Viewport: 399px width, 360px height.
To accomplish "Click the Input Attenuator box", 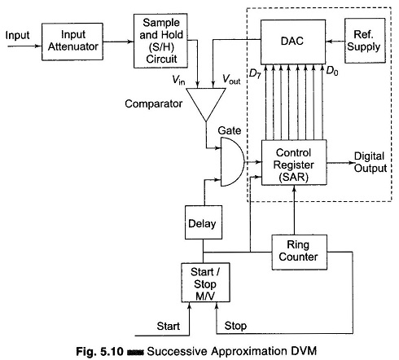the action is pyautogui.click(x=72, y=42).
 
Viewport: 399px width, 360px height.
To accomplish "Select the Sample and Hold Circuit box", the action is pyautogui.click(x=160, y=41).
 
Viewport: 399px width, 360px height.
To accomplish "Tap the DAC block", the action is pyautogui.click(x=293, y=42).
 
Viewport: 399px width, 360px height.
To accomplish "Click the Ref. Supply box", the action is pyautogui.click(x=365, y=41).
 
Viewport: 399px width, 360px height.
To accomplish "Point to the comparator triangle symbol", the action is pyautogui.click(x=206, y=104).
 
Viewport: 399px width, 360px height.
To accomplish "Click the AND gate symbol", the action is pyautogui.click(x=232, y=162).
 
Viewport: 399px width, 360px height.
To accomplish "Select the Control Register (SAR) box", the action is pyautogui.click(x=294, y=163).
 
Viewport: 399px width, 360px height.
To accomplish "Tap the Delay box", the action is pyautogui.click(x=204, y=222).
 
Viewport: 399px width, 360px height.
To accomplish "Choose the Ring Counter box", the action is pyautogui.click(x=300, y=252).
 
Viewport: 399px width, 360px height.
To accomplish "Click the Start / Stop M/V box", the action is pyautogui.click(x=205, y=283).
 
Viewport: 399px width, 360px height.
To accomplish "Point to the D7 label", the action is pyautogui.click(x=255, y=73).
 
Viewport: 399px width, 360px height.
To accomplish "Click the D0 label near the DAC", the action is pyautogui.click(x=331, y=72).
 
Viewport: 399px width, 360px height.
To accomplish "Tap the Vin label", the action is pyautogui.click(x=178, y=80).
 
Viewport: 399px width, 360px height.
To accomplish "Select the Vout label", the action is pyautogui.click(x=231, y=79).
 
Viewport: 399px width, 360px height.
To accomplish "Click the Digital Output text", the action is pyautogui.click(x=370, y=162).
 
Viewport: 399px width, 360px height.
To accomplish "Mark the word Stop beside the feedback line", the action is pyautogui.click(x=235, y=326).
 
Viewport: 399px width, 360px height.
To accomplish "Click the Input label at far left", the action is pyautogui.click(x=17, y=36).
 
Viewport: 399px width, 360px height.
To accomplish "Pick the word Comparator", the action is pyautogui.click(x=154, y=103).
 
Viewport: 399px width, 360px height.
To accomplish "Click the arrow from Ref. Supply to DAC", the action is pyautogui.click(x=335, y=42).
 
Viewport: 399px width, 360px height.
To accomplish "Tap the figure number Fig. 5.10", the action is pyautogui.click(x=99, y=351).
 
